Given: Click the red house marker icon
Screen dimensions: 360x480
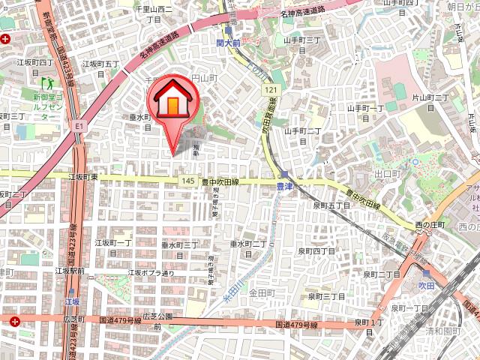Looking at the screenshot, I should click(175, 101).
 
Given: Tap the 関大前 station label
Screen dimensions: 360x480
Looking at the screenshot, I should click(229, 44).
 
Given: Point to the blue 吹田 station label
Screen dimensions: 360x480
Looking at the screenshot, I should click(427, 285).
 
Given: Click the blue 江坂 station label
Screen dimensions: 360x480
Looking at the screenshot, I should click(73, 301).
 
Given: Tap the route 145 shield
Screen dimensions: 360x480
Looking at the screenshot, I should click(188, 181).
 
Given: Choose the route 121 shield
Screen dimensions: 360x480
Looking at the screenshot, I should click(270, 90).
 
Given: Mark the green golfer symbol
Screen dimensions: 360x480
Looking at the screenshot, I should click(48, 82).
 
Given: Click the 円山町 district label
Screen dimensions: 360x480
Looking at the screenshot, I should click(204, 78).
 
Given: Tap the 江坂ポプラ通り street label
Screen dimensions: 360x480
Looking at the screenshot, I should click(151, 272).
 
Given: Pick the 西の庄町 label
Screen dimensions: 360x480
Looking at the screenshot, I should click(430, 225).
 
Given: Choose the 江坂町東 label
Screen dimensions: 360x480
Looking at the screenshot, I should click(83, 177).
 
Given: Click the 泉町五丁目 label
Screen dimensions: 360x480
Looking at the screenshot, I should click(331, 204).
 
